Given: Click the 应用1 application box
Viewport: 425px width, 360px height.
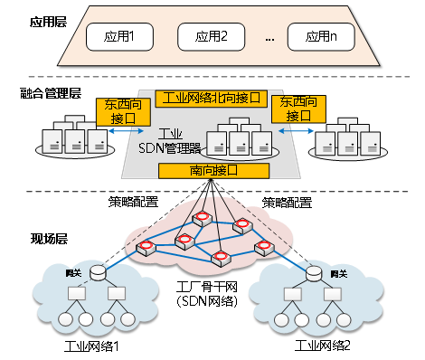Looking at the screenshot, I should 119,38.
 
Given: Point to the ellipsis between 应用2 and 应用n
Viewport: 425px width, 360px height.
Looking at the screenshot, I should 269,39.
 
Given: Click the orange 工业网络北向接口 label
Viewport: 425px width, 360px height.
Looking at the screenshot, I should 212,97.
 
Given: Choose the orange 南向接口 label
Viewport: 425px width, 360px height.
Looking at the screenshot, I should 212,170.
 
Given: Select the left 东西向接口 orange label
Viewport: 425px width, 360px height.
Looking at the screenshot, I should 123,112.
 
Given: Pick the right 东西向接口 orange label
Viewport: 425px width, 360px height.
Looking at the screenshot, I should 299,110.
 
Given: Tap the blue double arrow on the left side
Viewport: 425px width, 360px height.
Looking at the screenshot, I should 120,132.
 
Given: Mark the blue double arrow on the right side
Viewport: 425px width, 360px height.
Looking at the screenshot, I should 293,132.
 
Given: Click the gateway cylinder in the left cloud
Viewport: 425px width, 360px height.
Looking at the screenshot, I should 97,271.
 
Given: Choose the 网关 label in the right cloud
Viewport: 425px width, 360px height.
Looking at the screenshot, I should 338,274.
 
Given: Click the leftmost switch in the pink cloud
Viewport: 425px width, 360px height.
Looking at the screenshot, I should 145,247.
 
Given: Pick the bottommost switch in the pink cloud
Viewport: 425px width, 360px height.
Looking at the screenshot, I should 220,258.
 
